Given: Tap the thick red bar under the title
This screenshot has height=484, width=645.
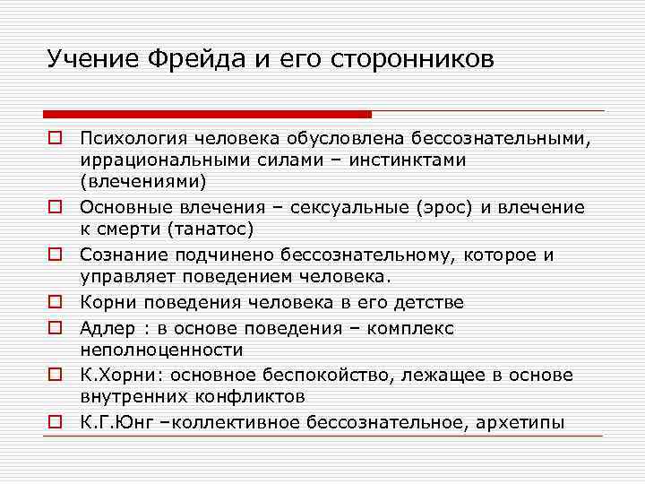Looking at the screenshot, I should [207, 115].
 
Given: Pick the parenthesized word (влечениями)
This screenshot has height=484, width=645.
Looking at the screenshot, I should [142, 182].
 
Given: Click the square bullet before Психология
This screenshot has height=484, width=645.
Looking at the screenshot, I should [55, 139].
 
